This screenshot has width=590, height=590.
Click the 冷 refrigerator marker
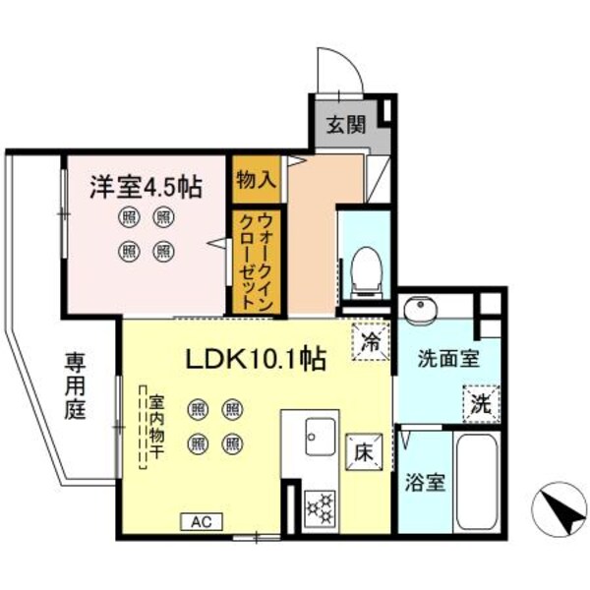click(x=371, y=343)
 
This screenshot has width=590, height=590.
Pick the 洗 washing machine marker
click(x=479, y=402)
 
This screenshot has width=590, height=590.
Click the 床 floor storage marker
click(x=362, y=454)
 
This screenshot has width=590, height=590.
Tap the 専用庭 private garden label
click(x=77, y=385)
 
